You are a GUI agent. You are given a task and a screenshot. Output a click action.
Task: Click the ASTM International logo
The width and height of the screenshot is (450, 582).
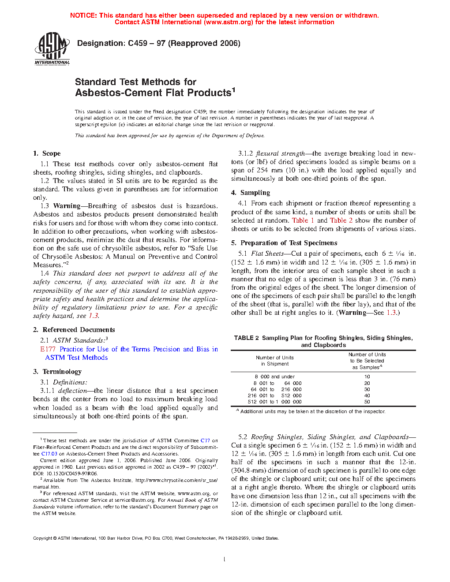52,48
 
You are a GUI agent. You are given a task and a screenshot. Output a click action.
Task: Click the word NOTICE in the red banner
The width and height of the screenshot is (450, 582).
83,15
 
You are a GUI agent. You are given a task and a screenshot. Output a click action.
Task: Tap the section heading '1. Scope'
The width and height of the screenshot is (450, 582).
47,153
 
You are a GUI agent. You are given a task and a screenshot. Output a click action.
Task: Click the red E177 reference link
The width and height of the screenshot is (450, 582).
48,349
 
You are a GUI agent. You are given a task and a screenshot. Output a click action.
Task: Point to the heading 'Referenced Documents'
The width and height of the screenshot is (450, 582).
79,330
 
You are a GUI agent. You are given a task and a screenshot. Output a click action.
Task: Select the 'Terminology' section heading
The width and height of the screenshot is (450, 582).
62,372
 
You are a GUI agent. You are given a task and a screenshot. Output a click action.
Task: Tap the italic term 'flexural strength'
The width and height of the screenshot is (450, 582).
280,153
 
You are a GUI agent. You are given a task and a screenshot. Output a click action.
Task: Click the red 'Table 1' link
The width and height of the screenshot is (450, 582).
303,220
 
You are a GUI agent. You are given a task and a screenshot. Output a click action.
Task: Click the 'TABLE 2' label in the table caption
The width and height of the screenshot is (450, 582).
246,338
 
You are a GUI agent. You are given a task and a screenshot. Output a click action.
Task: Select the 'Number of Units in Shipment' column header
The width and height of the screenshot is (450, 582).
274,361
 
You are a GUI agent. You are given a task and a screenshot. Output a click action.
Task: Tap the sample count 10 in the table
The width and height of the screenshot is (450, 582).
367,377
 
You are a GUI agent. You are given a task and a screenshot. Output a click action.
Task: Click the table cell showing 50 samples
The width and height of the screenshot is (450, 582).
367,402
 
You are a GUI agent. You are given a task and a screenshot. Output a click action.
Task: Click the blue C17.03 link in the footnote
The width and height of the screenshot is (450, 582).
49,454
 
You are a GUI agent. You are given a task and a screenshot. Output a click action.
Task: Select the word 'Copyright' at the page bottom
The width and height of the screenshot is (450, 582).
43,538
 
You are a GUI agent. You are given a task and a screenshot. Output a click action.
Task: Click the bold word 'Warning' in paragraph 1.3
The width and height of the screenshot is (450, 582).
67,206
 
